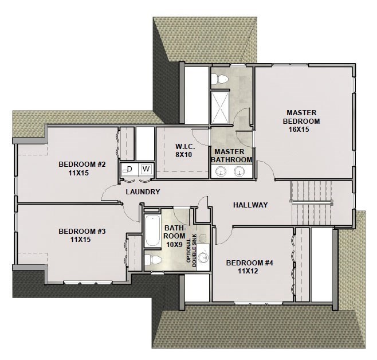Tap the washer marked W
(x=146, y=169)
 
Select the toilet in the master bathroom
(x=221, y=77)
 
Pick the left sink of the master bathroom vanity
(x=220, y=171)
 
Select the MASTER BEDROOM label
(x=302, y=117)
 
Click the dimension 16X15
(x=302, y=130)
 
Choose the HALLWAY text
(x=251, y=205)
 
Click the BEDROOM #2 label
(x=83, y=165)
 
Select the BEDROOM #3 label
(x=83, y=232)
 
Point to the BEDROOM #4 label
(x=250, y=263)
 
